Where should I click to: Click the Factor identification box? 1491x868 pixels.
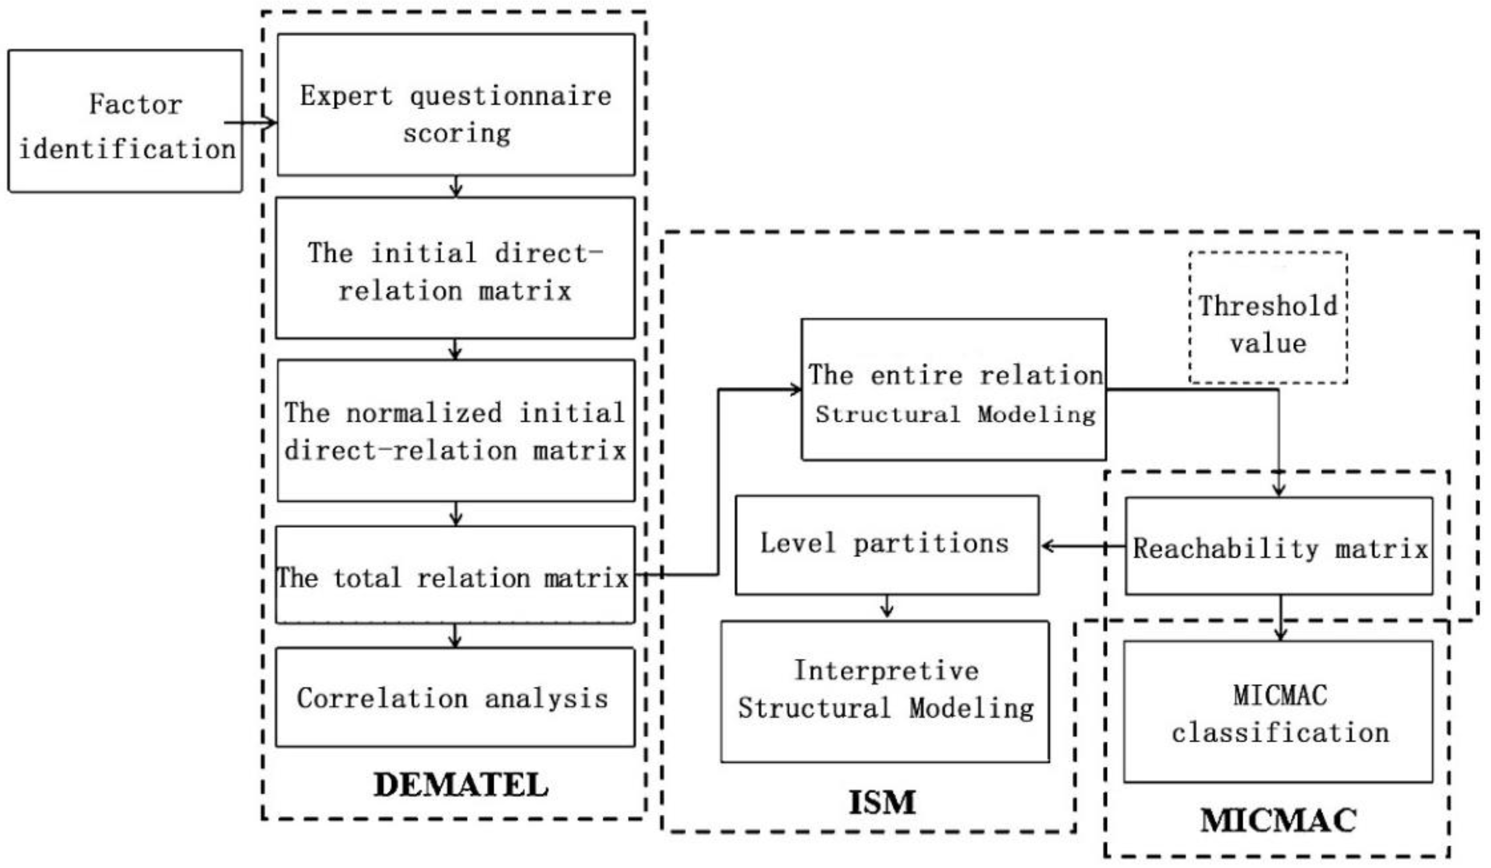click(125, 121)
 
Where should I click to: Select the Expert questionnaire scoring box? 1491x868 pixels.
click(455, 105)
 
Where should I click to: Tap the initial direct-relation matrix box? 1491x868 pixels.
click(455, 268)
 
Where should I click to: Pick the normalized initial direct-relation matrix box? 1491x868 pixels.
click(455, 431)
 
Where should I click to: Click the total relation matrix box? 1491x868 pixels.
click(455, 575)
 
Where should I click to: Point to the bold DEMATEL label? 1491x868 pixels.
click(461, 785)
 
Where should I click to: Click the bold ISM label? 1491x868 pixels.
click(882, 802)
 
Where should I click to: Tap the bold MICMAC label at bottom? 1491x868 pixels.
click(1278, 820)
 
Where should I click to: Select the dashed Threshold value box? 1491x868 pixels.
click(1268, 318)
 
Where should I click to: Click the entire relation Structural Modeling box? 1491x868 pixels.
click(953, 390)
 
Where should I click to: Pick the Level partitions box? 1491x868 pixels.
click(886, 545)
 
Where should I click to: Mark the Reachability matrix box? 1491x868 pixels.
click(1279, 546)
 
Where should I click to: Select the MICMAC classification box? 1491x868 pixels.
click(1278, 712)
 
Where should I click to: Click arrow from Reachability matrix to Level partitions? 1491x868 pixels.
click(1082, 546)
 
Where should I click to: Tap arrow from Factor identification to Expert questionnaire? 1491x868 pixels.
click(252, 123)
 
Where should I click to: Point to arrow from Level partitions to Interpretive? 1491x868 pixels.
click(886, 607)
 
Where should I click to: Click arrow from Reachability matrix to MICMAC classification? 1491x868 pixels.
click(1280, 618)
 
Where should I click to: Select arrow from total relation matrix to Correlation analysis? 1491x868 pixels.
click(455, 636)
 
